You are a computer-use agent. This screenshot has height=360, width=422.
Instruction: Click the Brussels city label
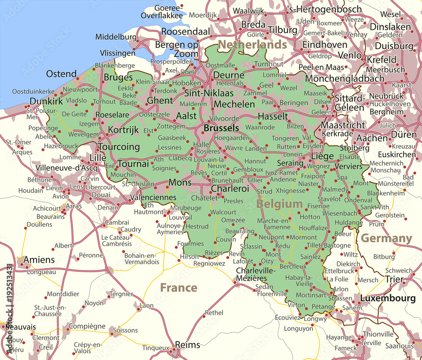(x=221, y=128)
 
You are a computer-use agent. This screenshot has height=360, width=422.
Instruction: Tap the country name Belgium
(x=279, y=204)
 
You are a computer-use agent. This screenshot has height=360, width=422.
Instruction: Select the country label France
(x=179, y=288)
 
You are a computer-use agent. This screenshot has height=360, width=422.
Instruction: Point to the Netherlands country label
(x=252, y=45)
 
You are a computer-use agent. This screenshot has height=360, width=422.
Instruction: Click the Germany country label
(x=386, y=238)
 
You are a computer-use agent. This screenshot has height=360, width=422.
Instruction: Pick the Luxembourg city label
(x=387, y=298)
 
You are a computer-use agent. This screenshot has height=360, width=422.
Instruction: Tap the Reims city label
(x=187, y=345)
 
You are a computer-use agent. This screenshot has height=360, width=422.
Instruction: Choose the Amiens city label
(x=39, y=260)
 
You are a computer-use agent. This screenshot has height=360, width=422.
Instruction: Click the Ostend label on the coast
(x=61, y=74)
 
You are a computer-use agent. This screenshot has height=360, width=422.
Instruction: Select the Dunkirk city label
(x=46, y=101)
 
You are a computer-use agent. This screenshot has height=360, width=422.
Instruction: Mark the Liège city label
(x=322, y=157)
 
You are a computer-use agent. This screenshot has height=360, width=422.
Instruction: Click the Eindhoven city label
(x=325, y=45)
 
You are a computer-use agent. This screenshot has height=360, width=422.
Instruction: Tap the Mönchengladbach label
(x=345, y=78)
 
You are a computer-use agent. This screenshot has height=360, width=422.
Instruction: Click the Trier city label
(x=394, y=279)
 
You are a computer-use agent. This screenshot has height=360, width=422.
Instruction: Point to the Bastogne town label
(x=337, y=245)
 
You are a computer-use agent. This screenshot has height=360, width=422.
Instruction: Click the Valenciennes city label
(x=153, y=197)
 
